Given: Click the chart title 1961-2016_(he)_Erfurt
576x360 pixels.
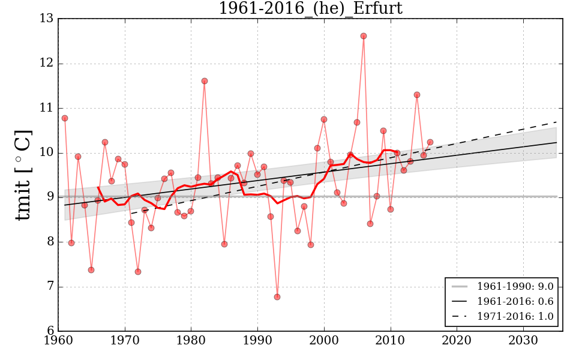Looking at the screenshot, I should pyautogui.click(x=310, y=9).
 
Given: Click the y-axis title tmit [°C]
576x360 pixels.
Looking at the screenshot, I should pyautogui.click(x=22, y=175).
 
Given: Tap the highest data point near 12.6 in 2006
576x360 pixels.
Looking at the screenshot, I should pyautogui.click(x=364, y=36).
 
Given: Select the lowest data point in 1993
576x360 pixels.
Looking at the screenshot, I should pyautogui.click(x=277, y=297).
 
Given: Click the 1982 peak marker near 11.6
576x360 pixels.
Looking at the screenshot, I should pyautogui.click(x=205, y=81).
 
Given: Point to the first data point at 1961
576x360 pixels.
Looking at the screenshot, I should pyautogui.click(x=65, y=118).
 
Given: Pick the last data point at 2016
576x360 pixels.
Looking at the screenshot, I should pyautogui.click(x=430, y=142).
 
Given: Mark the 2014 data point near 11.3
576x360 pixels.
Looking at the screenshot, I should pyautogui.click(x=417, y=95).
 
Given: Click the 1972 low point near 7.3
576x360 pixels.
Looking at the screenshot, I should pyautogui.click(x=138, y=272).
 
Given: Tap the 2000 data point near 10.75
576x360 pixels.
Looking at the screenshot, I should pyautogui.click(x=324, y=119).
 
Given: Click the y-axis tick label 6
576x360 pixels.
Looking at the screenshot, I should pyautogui.click(x=50, y=331).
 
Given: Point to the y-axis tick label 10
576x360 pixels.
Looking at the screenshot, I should pyautogui.click(x=47, y=153).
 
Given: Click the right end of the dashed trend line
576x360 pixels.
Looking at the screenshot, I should pyautogui.click(x=557, y=122).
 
